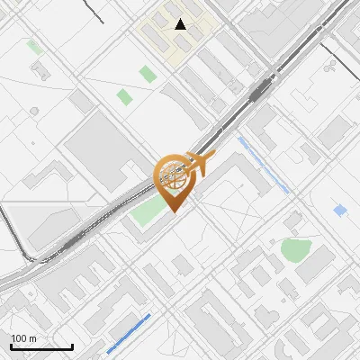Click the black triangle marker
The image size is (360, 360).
[x=181, y=24]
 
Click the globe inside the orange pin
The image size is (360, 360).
[x=174, y=176]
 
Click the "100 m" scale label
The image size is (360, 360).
[x=22, y=338]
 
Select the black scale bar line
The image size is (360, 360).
[x=41, y=346]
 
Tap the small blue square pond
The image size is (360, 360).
[x=339, y=211]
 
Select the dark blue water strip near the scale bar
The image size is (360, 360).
[x=128, y=333]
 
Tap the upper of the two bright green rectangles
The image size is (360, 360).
[x=147, y=74]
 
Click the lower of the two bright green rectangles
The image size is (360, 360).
[x=124, y=94]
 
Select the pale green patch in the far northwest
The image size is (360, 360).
[x=33, y=45]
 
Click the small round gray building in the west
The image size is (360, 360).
[x=34, y=111]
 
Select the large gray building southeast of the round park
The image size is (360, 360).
[x=317, y=265]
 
